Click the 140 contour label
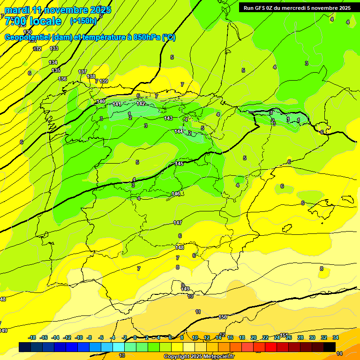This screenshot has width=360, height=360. pyautogui.click(x=101, y=101)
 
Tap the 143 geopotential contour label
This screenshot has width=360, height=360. pyautogui.click(x=168, y=118)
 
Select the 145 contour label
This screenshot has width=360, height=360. pyautogui.click(x=179, y=164)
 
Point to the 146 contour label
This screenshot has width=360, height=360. pyautogui.click(x=176, y=194)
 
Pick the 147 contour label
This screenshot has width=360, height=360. pyautogui.click(x=178, y=223)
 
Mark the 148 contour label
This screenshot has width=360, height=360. pyautogui.click(x=180, y=247)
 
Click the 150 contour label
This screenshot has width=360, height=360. pyautogui.click(x=223, y=317)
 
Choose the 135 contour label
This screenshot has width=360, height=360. pyautogui.click(x=56, y=70)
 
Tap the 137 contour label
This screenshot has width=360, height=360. pyautogui.click(x=82, y=72)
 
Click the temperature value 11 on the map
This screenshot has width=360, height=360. pyautogui.click(x=198, y=312)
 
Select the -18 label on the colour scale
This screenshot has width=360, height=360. pyautogui.click(x=32, y=338)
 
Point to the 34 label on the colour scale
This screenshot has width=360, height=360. pyautogui.click(x=336, y=338)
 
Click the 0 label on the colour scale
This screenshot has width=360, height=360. pyautogui.click(x=135, y=338)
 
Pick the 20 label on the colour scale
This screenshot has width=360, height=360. pyautogui.click(x=254, y=338)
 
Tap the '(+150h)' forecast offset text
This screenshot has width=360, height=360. pyautogui.click(x=83, y=21)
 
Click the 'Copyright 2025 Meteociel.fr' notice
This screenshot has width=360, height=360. pyautogui.click(x=199, y=357)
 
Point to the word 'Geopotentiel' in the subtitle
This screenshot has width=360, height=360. pyautogui.click(x=27, y=37)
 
